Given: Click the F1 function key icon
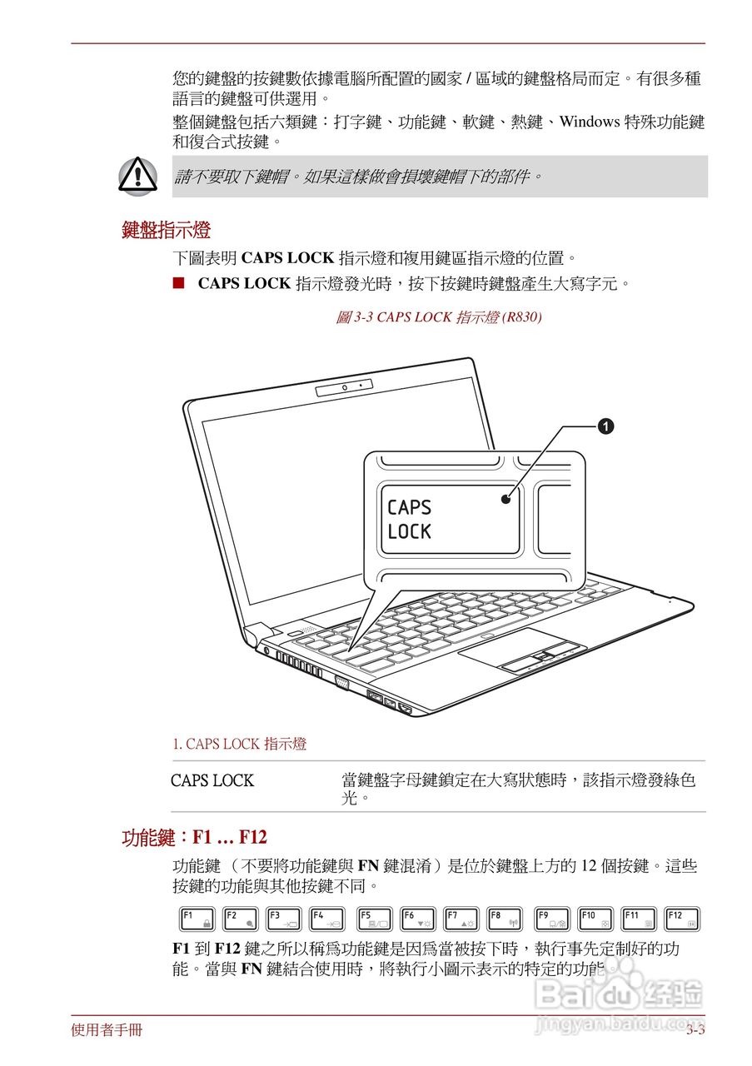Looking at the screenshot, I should (197, 919).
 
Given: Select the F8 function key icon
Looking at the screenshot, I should (505, 919).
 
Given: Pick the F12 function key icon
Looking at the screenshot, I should (682, 919).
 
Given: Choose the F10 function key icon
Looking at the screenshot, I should (595, 919).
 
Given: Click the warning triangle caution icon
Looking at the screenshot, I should (137, 176).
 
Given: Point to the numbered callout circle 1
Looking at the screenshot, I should (606, 426).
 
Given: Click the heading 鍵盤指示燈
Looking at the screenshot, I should (166, 230).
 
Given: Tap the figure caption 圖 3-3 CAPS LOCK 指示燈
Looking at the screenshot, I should (439, 317).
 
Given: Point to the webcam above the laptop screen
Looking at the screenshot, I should (344, 388).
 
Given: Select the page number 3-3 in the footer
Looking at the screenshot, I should (695, 1031).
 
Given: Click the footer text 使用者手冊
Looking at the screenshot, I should (107, 1031).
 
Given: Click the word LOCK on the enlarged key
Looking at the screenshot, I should (410, 531).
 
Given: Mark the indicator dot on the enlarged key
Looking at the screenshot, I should (505, 499).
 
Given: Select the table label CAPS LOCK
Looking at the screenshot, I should (212, 781).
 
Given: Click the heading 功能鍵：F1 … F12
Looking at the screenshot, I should (194, 837).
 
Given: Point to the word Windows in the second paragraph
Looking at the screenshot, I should (589, 122).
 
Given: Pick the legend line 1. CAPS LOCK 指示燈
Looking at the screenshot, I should (239, 744).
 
